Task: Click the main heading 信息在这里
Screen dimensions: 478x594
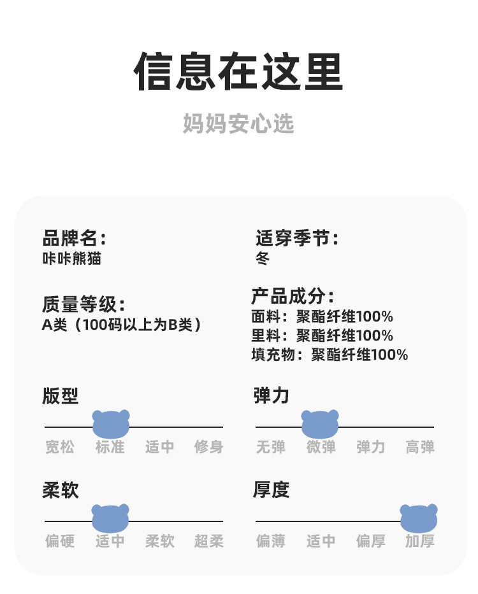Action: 238,72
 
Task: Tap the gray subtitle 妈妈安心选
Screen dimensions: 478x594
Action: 238,124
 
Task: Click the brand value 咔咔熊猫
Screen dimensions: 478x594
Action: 71,258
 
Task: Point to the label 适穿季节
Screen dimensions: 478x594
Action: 296,239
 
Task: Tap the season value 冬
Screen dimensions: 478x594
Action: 262,258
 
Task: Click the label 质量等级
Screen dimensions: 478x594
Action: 83,304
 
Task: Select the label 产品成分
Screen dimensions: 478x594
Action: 293,297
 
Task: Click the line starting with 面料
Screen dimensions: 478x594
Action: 322,316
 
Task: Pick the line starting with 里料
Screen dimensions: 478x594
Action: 322,336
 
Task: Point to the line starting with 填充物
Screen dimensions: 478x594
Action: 330,355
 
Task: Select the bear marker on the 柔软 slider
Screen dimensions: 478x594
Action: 110,518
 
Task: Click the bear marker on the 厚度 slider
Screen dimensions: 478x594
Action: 419,518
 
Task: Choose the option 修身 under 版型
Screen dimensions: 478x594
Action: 209,448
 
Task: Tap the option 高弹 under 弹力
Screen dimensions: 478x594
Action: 420,448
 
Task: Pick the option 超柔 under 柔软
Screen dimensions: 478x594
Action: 209,542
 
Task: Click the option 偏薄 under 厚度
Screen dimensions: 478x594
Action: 271,542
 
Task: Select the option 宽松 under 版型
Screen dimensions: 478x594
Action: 60,448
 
